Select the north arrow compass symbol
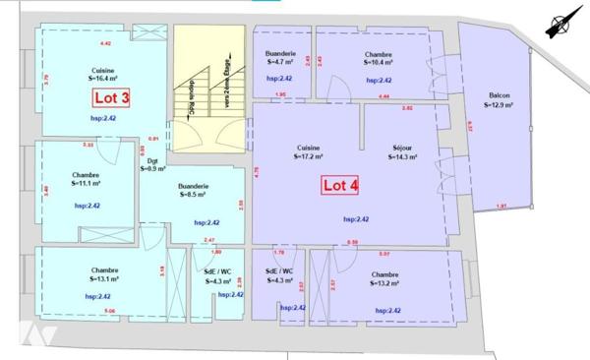[563, 22]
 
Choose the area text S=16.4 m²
[101, 80]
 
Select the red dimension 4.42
[106, 43]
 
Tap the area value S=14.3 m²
[404, 155]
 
